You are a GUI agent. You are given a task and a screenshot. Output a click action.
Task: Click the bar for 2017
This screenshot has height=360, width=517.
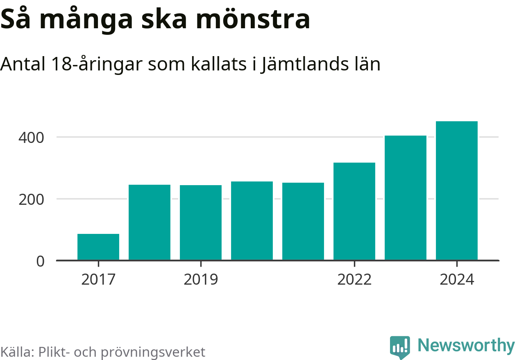[x=98, y=247]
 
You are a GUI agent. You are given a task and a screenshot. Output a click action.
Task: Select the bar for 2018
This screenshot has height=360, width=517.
[x=150, y=222]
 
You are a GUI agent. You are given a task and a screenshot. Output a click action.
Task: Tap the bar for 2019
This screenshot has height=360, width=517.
[x=201, y=223]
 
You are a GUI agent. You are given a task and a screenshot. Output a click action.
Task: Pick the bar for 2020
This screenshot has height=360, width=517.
[x=252, y=221]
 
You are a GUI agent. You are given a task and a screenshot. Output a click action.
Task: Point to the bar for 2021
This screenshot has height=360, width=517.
[x=303, y=222]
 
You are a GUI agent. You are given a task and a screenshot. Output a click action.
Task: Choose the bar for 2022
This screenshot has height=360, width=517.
[x=354, y=211]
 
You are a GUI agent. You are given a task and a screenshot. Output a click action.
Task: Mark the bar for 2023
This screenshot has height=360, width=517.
[x=406, y=198]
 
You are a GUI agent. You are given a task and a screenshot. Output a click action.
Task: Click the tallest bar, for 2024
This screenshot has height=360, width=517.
[x=457, y=191]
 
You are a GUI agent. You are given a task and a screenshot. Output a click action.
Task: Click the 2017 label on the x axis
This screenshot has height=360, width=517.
[x=98, y=280]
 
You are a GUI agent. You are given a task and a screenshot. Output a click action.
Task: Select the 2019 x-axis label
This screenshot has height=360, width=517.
[x=201, y=280]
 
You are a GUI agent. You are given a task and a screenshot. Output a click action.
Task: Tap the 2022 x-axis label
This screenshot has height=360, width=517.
[x=354, y=280]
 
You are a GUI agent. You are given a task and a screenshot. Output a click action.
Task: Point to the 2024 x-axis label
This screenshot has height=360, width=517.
[x=457, y=280]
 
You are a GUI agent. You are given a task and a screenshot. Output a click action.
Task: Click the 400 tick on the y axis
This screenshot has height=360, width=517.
[x=31, y=137]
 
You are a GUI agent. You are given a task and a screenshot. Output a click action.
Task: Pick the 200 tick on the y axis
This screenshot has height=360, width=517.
[x=31, y=199]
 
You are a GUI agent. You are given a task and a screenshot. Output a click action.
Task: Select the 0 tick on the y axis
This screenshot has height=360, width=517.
[x=40, y=261]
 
